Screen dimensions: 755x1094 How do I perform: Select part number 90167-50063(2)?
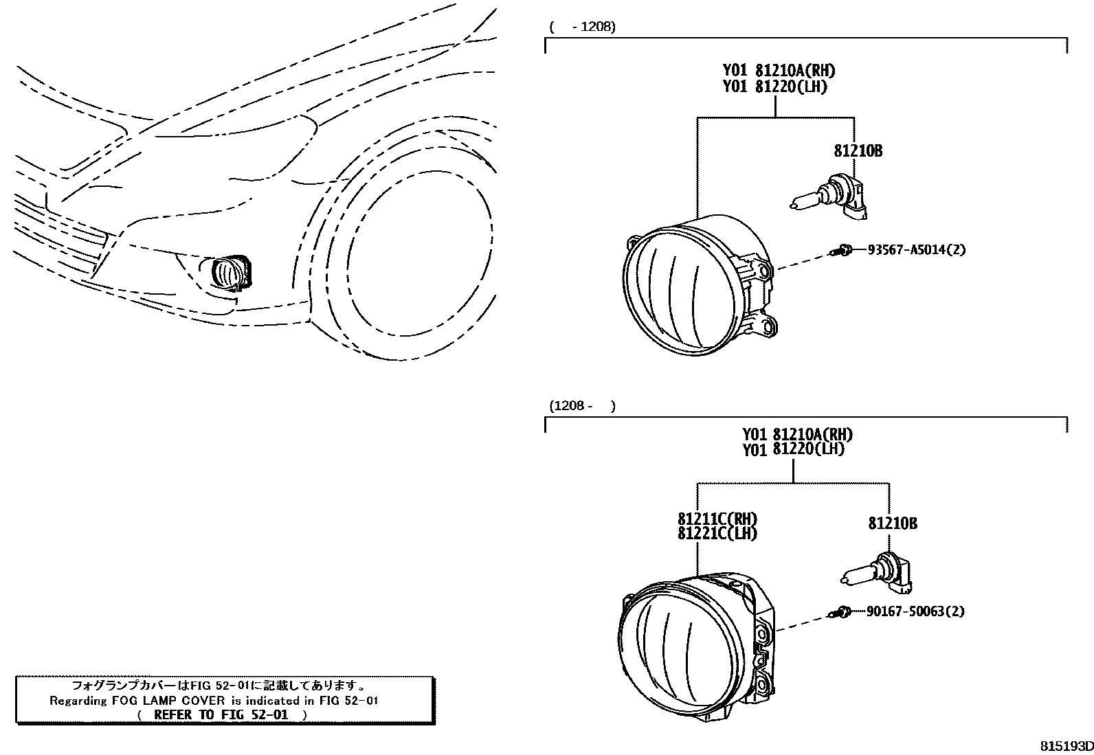(915, 611)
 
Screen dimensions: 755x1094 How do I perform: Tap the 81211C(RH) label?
(717, 519)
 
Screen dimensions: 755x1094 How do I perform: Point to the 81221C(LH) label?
(717, 533)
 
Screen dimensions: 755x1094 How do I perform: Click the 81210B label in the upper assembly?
(858, 151)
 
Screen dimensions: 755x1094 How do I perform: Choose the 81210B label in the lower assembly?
(892, 523)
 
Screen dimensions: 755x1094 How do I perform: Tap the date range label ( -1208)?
(582, 27)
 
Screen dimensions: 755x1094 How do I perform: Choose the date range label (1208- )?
(582, 406)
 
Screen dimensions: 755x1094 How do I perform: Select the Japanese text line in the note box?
(219, 686)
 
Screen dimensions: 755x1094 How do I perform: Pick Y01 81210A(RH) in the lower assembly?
(797, 434)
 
